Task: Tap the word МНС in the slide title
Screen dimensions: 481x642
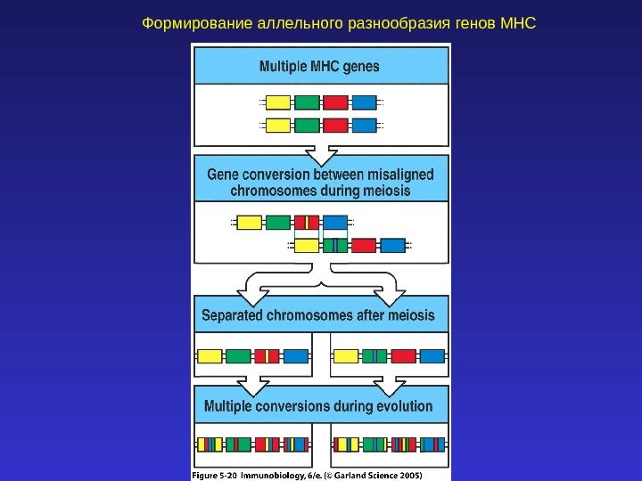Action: click(x=518, y=20)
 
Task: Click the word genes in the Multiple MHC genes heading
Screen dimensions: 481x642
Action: click(x=358, y=66)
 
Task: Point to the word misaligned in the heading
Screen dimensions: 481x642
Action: click(x=396, y=175)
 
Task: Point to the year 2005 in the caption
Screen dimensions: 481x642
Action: click(x=407, y=475)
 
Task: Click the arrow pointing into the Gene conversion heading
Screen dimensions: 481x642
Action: click(x=321, y=152)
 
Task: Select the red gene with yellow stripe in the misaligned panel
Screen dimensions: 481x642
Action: click(x=307, y=223)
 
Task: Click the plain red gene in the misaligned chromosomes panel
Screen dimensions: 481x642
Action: click(x=364, y=245)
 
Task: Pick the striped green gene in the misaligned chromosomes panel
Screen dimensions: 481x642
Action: click(x=335, y=245)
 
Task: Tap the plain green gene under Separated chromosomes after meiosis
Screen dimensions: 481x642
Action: click(x=238, y=356)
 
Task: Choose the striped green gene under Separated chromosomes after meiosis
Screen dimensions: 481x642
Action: click(x=374, y=356)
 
